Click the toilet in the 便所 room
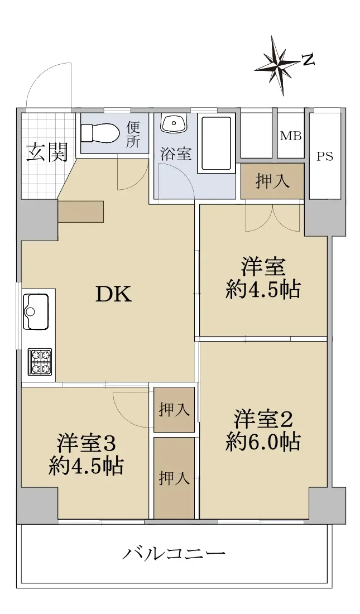(x=100, y=133)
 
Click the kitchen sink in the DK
(x=36, y=311)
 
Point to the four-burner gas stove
(x=40, y=361)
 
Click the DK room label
(x=114, y=295)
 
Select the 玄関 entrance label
(x=47, y=152)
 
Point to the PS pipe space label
(x=325, y=156)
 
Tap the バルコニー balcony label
(x=174, y=554)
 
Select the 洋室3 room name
(x=87, y=444)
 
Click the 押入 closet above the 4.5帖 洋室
(x=272, y=181)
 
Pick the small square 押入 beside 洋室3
(x=174, y=410)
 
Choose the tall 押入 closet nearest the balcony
(x=174, y=478)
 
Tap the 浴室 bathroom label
(x=176, y=153)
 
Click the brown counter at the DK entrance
(x=81, y=212)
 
